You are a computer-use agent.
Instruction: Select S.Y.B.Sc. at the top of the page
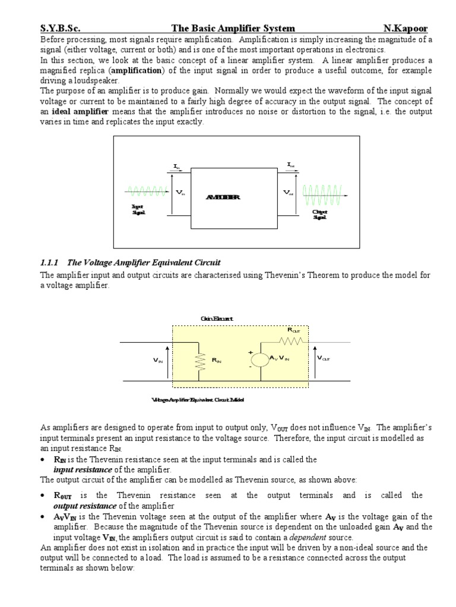pos(61,29)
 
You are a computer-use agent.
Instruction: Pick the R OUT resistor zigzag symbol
pos(293,341)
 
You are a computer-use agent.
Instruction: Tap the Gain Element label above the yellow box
pos(217,318)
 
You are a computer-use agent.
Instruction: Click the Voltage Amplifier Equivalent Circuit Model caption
pos(198,400)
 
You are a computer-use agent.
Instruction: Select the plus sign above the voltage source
pos(251,350)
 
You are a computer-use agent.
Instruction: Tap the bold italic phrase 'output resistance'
pos(84,506)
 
